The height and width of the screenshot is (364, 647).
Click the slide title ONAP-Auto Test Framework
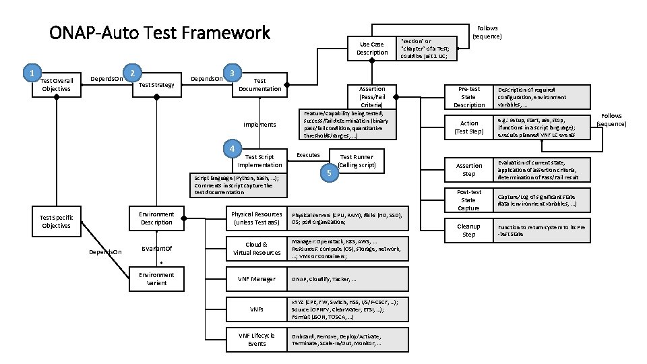(x=160, y=33)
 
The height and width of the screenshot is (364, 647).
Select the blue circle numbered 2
(x=133, y=73)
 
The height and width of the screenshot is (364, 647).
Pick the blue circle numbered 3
(x=232, y=72)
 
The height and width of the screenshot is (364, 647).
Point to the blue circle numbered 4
(x=232, y=149)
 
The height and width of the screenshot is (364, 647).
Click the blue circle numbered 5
(x=328, y=173)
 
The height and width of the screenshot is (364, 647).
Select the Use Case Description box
(x=372, y=49)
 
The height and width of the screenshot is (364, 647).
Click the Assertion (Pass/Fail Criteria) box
(x=372, y=97)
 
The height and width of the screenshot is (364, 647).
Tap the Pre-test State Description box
(x=469, y=96)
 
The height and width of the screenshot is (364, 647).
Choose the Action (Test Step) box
(x=469, y=127)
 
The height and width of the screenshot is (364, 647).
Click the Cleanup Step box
(x=469, y=231)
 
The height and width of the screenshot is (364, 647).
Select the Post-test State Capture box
(x=469, y=200)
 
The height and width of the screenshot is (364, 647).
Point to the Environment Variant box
(x=156, y=278)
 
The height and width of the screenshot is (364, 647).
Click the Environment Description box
(x=156, y=218)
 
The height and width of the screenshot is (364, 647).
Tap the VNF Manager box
(x=257, y=278)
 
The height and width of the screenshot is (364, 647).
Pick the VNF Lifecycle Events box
(x=257, y=340)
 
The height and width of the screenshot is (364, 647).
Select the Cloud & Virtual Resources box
(x=257, y=248)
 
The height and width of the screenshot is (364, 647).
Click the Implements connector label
(x=260, y=125)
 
